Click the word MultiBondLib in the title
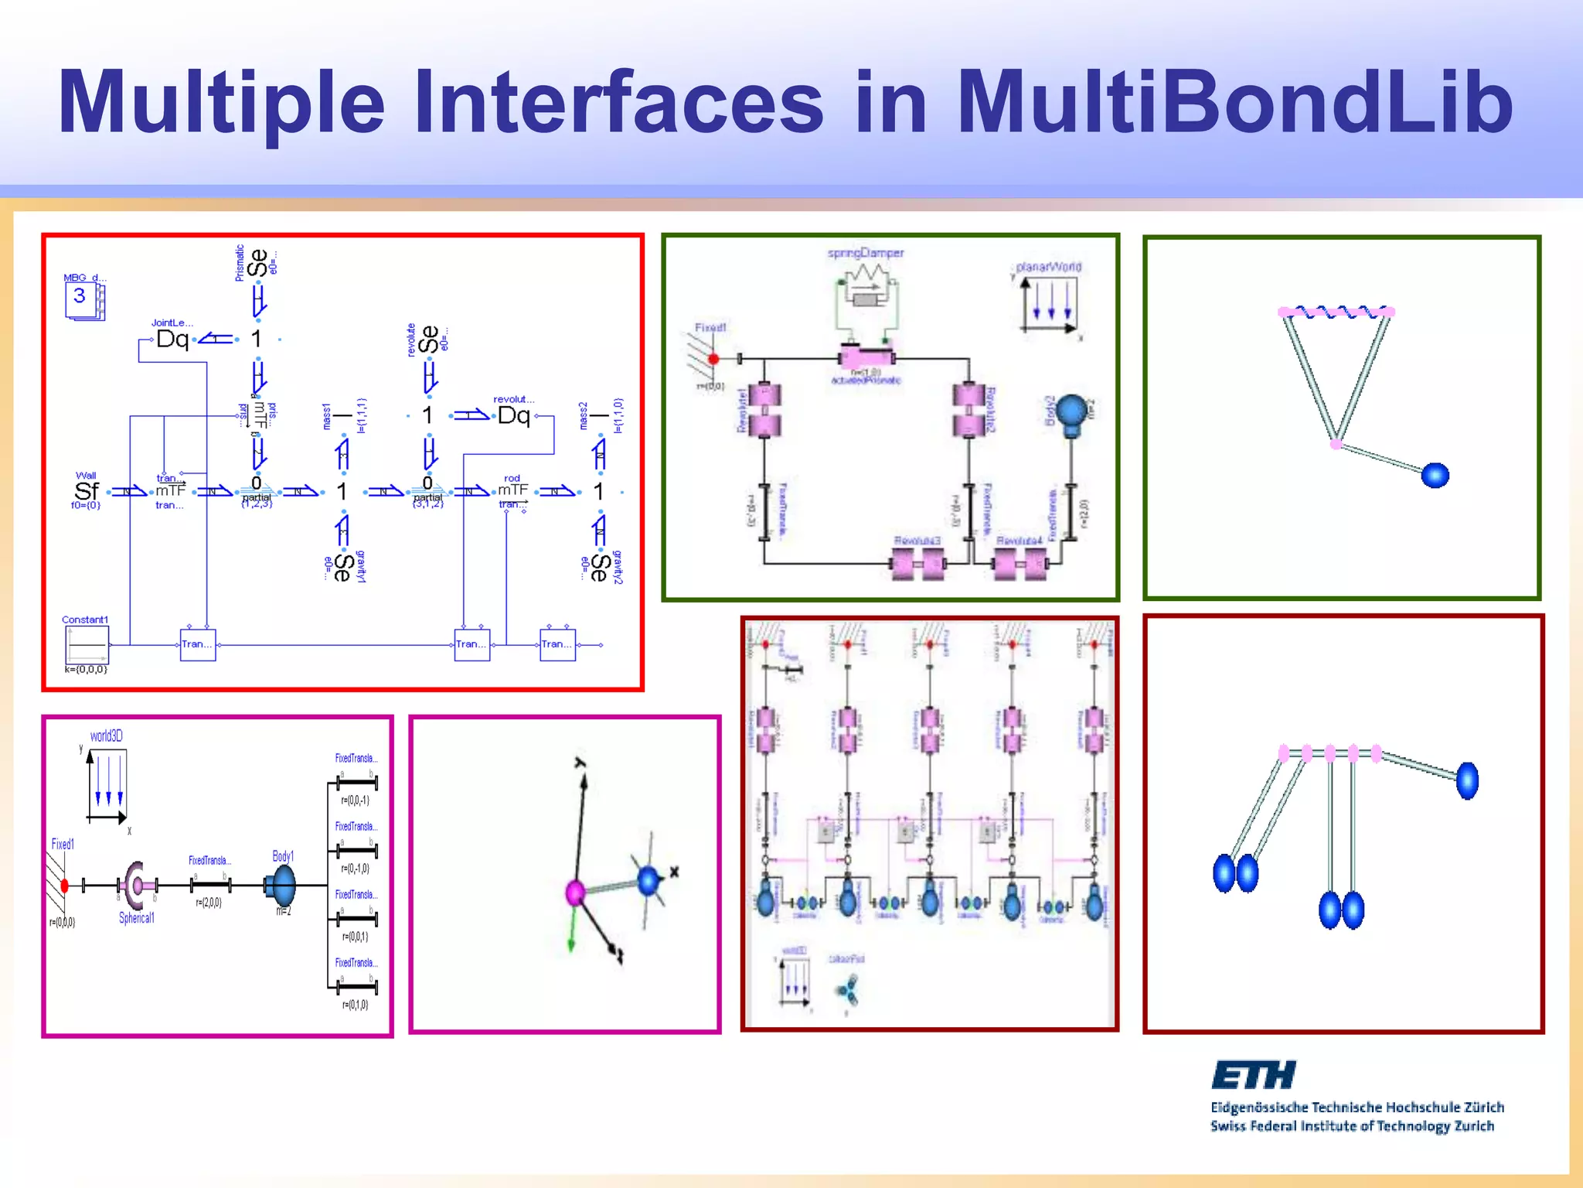(x=1234, y=102)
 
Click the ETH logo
(x=1253, y=1075)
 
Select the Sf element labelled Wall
(x=86, y=491)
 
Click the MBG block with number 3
(x=83, y=300)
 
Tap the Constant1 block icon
(x=87, y=644)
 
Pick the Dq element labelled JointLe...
(x=172, y=339)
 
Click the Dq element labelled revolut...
(x=513, y=415)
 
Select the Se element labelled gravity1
(x=342, y=567)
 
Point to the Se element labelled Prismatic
(x=258, y=263)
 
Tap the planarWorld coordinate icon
(x=1049, y=303)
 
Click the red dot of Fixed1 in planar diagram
(x=713, y=359)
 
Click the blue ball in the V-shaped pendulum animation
(x=1435, y=475)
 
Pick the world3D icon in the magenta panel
(x=107, y=785)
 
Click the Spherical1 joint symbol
(x=135, y=886)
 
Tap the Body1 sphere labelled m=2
(x=283, y=885)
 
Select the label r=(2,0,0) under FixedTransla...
(x=209, y=903)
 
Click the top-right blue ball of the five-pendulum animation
(x=1467, y=780)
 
